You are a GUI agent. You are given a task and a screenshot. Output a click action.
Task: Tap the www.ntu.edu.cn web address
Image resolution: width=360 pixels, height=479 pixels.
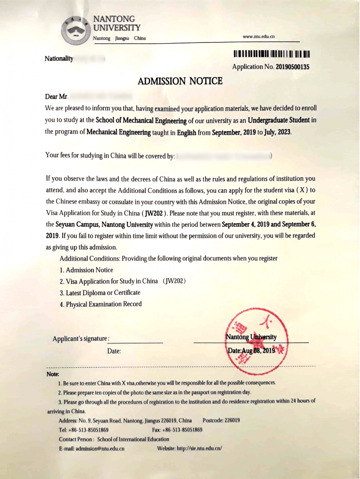[259, 36]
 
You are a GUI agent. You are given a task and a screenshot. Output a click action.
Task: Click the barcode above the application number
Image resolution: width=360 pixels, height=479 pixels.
[272, 54]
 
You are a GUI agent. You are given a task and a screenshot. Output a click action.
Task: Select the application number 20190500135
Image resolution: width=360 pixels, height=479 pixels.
[293, 67]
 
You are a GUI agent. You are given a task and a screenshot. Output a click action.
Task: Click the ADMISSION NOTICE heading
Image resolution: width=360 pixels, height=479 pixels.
[180, 81]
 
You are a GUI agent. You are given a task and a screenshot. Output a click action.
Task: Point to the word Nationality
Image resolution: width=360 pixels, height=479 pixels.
[59, 58]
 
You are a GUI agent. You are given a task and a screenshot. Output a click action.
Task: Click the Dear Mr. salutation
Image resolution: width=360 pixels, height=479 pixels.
[57, 97]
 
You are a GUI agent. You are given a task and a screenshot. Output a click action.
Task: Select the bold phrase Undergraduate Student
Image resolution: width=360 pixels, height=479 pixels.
[279, 120]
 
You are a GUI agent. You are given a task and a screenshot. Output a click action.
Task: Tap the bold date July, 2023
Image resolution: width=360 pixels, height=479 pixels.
[278, 132]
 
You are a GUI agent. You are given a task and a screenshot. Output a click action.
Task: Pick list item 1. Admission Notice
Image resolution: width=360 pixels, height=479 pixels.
[87, 270]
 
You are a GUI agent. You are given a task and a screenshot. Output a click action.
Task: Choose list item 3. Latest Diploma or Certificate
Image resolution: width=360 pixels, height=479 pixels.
[100, 293]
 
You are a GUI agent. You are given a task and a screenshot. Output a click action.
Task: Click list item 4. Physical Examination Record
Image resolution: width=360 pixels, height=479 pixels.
[101, 304]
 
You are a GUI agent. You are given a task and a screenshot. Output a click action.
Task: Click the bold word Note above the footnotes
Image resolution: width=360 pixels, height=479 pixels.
[53, 374]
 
